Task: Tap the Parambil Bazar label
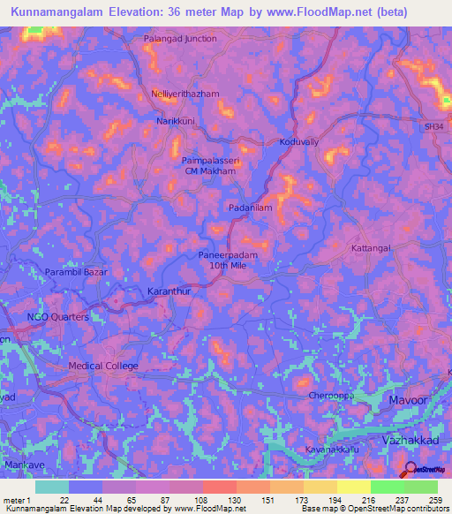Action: pos(77,273)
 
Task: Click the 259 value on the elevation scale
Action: pos(434,500)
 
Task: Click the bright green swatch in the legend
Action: pos(388,487)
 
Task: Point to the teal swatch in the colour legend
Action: pos(52,487)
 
